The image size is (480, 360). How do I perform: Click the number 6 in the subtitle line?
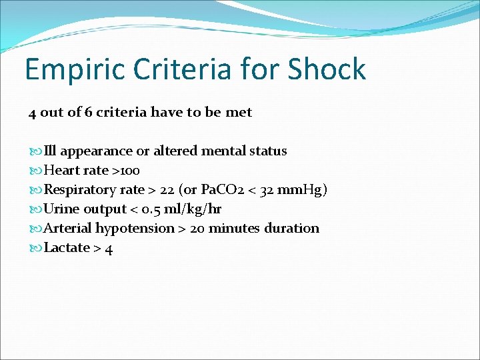coord(89,112)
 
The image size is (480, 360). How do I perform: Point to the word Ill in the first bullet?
coord(51,151)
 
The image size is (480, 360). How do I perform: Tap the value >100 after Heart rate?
coord(126,170)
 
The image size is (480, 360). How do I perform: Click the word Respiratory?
coord(81,189)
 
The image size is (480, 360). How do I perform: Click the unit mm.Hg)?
coord(301,189)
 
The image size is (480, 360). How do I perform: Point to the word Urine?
coord(61,209)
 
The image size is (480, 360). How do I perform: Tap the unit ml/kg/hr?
coord(196,209)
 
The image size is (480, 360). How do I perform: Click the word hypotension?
coord(135,228)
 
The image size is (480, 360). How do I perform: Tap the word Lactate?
coord(67,247)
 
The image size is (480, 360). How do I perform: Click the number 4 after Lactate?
coord(109,248)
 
